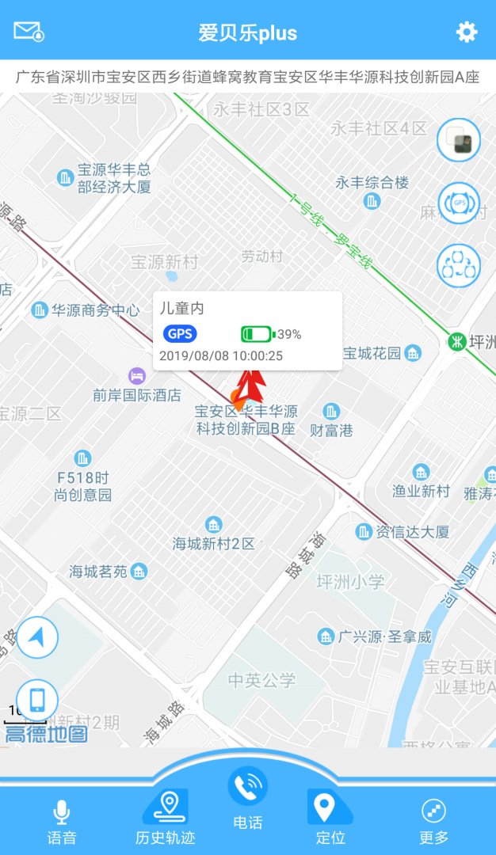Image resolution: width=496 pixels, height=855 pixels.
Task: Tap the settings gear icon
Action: [467, 32]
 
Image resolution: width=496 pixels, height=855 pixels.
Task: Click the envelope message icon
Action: [29, 32]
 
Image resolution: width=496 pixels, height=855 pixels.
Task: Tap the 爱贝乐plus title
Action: [248, 32]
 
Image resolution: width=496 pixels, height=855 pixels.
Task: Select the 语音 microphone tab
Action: [62, 822]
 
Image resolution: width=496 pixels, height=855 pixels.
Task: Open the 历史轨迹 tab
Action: [166, 819]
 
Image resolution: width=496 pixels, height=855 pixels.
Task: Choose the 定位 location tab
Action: [330, 819]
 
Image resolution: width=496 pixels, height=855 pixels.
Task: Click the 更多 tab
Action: [433, 822]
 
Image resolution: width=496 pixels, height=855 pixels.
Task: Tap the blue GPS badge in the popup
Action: [180, 334]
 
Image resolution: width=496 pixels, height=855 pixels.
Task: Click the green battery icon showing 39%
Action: [256, 334]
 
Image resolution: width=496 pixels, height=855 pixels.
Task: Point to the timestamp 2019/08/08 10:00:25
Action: [221, 355]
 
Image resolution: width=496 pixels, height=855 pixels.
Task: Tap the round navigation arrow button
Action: [37, 638]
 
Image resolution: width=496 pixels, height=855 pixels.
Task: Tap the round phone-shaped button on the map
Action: [37, 701]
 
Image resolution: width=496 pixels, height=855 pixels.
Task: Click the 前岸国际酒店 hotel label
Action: [137, 394]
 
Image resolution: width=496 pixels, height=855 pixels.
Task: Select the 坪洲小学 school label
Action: [350, 582]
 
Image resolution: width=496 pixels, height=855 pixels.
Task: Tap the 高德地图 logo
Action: [46, 734]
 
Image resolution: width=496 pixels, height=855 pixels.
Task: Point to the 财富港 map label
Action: [331, 431]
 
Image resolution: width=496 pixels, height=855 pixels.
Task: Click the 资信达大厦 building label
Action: [412, 531]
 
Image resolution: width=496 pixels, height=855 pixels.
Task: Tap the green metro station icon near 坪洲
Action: [457, 342]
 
